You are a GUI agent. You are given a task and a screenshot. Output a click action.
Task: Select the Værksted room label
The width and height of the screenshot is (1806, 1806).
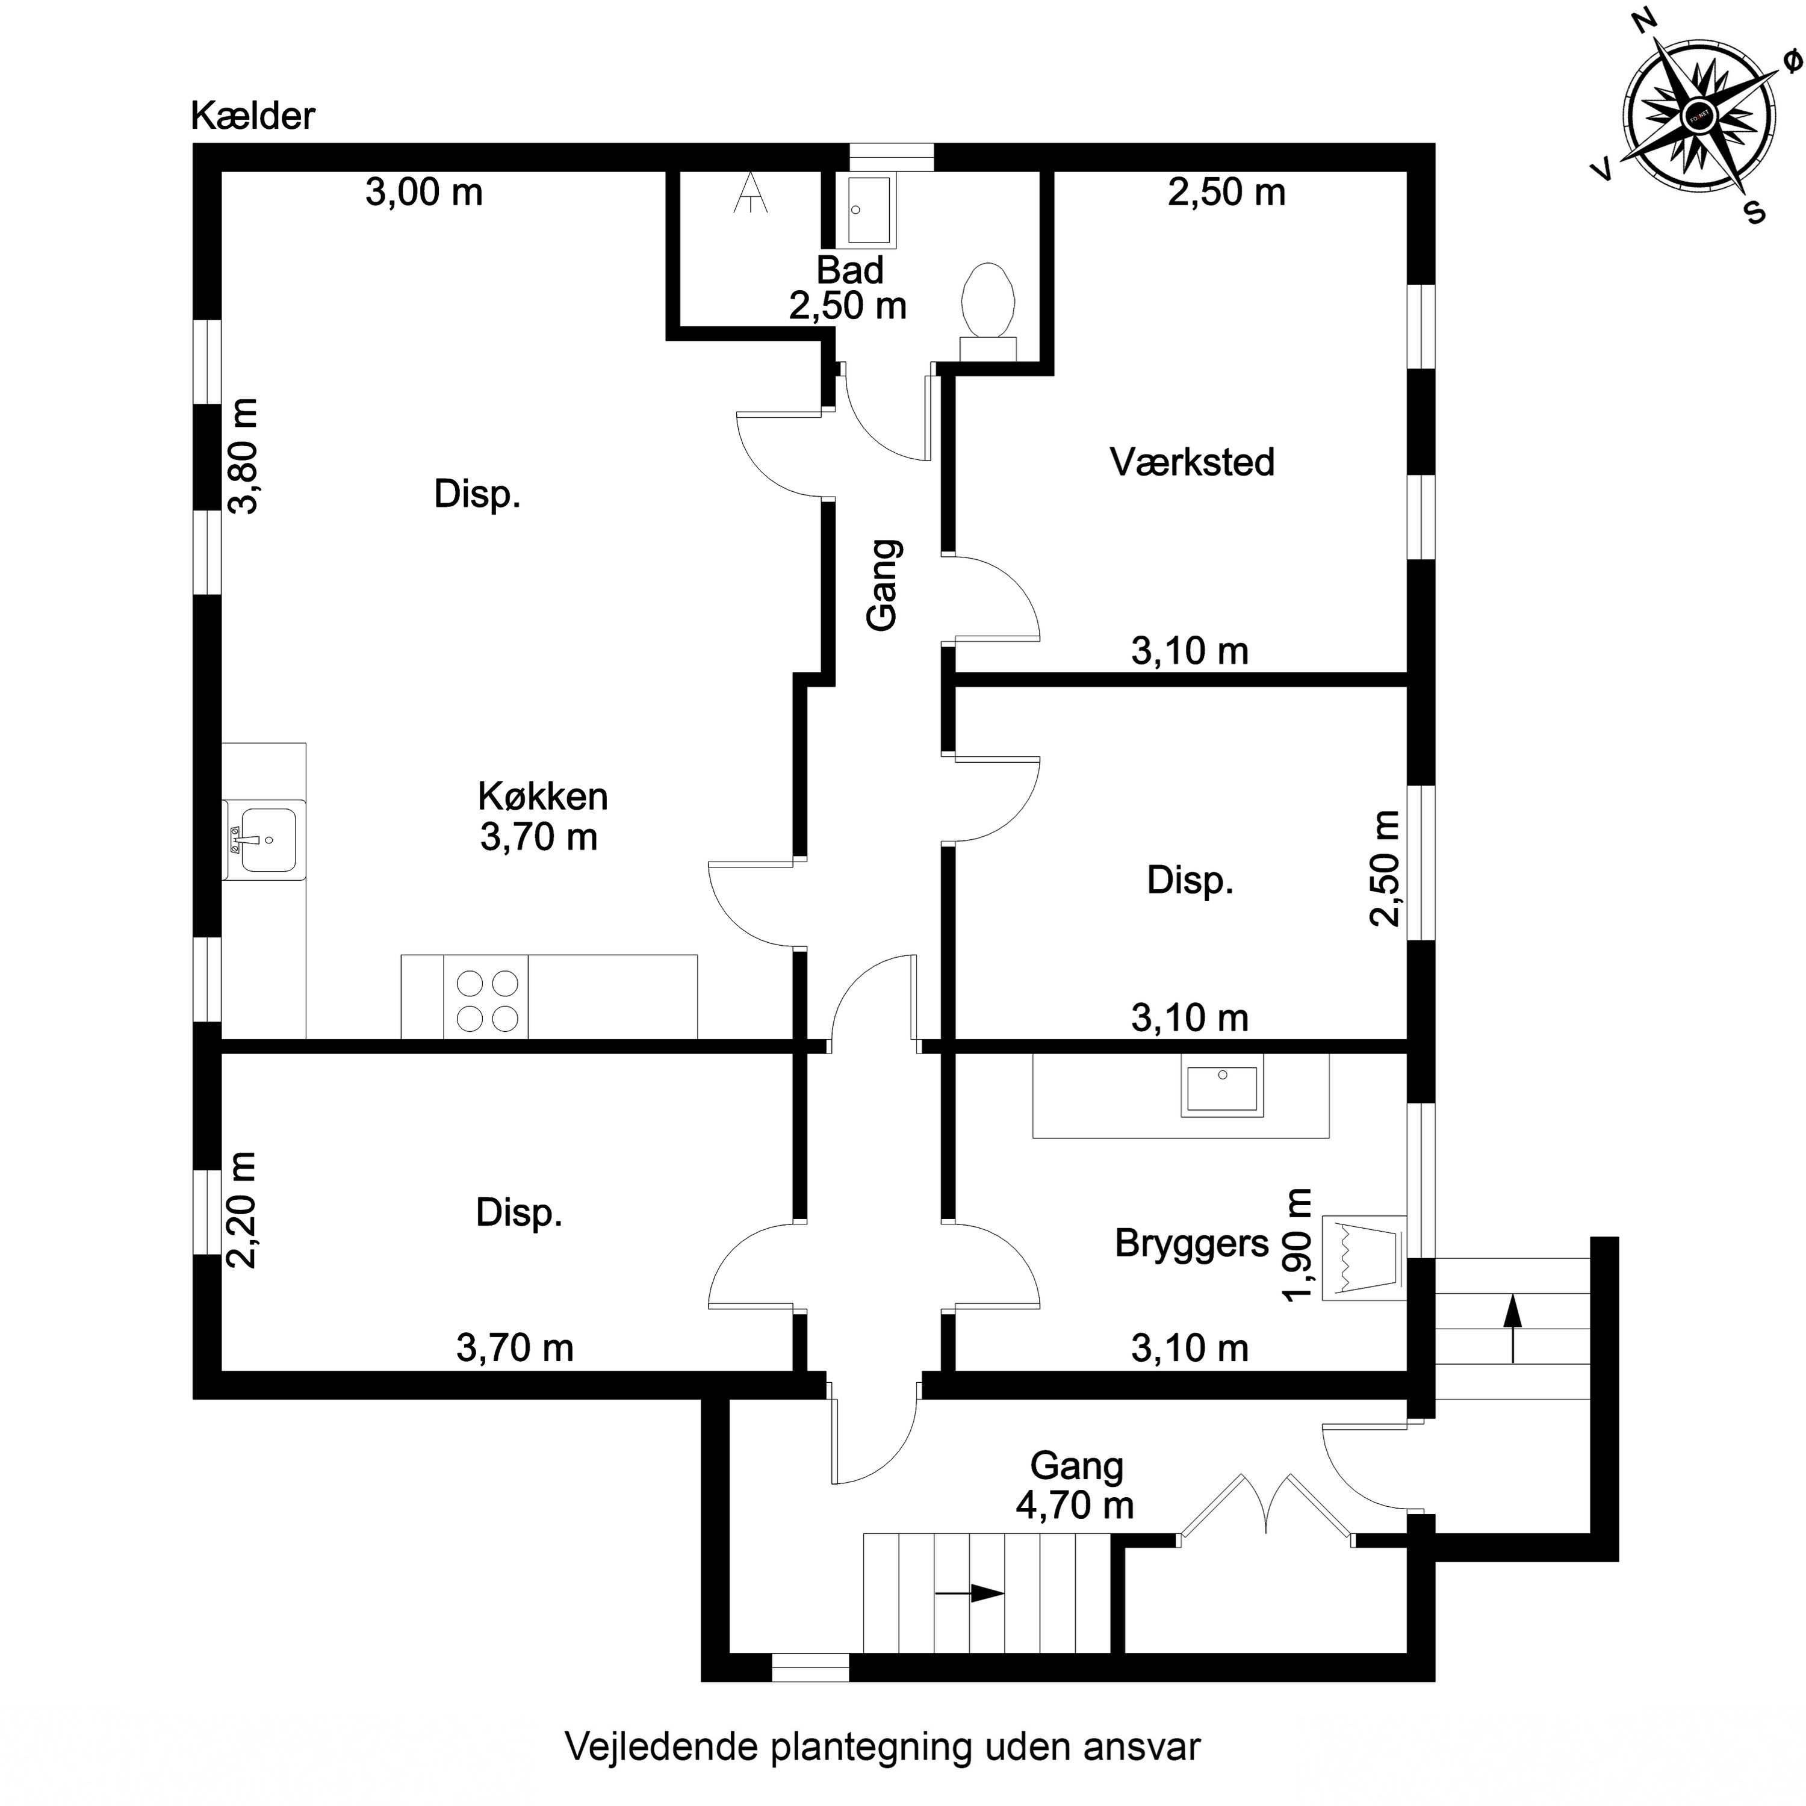click(x=1192, y=462)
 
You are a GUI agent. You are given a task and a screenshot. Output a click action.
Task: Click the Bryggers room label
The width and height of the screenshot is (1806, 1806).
click(x=1192, y=1243)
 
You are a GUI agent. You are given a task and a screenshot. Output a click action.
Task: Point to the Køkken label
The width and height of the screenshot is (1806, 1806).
click(x=542, y=795)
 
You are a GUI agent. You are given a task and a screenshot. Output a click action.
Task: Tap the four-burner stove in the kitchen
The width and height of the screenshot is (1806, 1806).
click(x=486, y=1000)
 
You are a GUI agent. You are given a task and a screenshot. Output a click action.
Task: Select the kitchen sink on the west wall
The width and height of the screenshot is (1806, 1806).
click(x=264, y=839)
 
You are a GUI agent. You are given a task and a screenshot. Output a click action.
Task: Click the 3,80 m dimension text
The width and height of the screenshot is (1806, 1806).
click(x=244, y=456)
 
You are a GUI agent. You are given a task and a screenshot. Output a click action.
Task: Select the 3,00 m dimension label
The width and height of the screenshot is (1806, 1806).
click(x=423, y=193)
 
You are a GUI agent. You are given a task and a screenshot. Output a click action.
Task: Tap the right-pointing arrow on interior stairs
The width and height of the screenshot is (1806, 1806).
click(x=969, y=1593)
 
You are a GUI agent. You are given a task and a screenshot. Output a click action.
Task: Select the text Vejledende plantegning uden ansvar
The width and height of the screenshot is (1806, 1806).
click(x=883, y=1745)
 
